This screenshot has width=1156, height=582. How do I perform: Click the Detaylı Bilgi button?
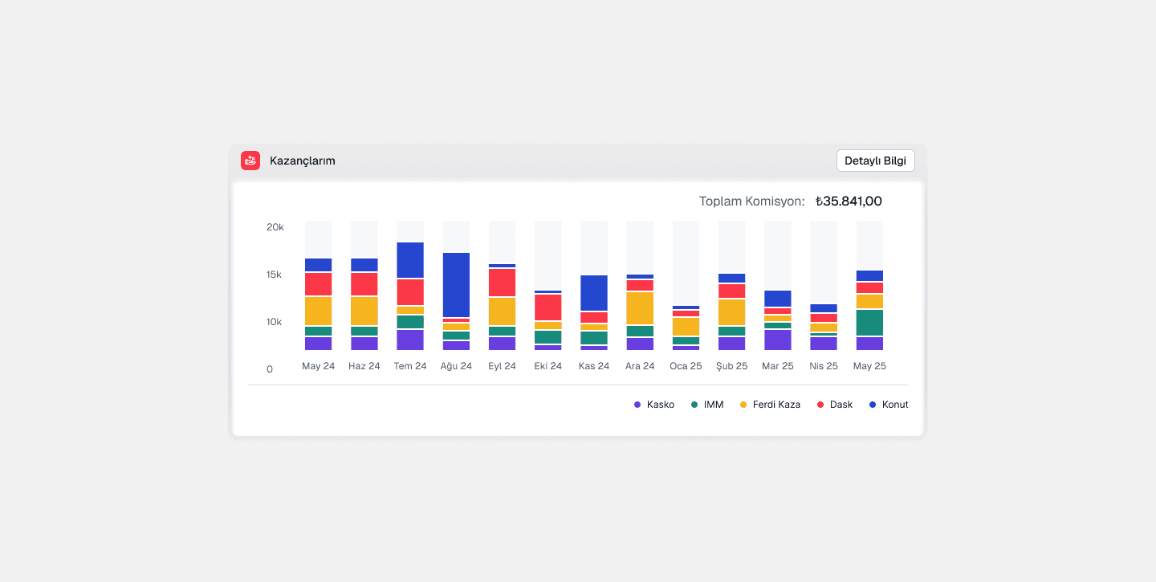click(x=875, y=161)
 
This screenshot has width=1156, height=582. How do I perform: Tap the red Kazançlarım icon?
click(x=250, y=161)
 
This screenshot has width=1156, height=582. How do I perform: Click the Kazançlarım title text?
click(x=303, y=161)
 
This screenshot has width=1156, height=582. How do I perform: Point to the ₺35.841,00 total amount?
click(x=849, y=201)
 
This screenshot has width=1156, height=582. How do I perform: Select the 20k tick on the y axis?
click(x=275, y=227)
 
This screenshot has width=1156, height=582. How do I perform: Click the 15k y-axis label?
click(x=274, y=275)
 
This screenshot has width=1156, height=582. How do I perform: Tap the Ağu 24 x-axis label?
click(x=456, y=366)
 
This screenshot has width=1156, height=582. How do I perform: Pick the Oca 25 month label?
click(x=686, y=366)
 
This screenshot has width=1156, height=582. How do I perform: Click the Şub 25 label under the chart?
click(x=732, y=366)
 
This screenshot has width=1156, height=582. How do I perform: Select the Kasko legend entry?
click(x=653, y=405)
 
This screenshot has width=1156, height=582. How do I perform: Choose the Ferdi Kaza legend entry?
click(x=770, y=405)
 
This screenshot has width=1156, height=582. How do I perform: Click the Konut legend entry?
click(x=889, y=405)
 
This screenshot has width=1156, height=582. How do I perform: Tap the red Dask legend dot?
click(x=820, y=405)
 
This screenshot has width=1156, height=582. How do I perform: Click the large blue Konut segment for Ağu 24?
click(x=456, y=285)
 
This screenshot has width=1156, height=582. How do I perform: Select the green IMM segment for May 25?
click(x=869, y=323)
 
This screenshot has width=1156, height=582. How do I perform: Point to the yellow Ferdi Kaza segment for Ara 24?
click(x=640, y=308)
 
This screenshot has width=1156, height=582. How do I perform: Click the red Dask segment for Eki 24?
click(x=548, y=307)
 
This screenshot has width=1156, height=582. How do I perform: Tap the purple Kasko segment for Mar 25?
click(x=778, y=340)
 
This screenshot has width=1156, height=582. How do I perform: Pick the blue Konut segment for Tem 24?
click(x=410, y=260)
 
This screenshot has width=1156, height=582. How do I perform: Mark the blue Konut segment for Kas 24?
click(x=594, y=293)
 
